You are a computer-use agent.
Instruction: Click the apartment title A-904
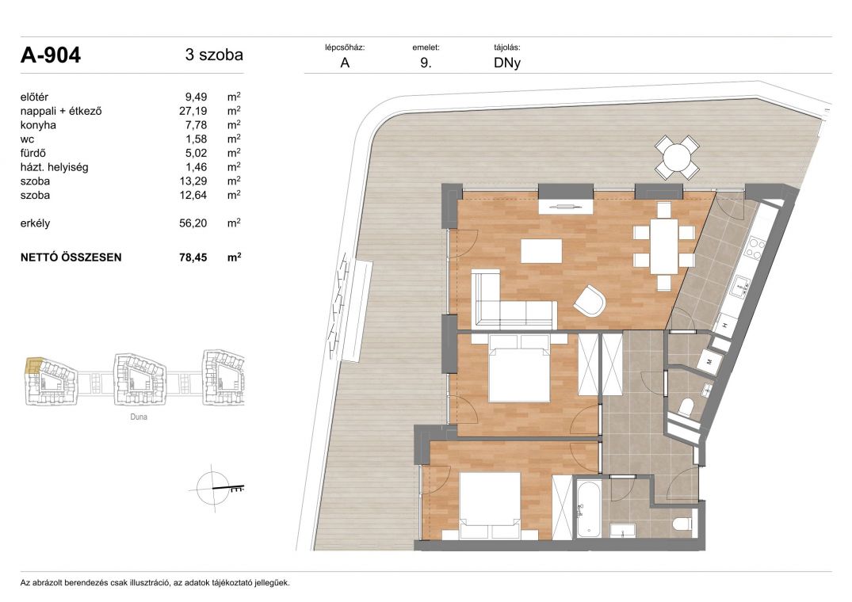point(51,55)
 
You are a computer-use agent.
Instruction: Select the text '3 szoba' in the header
point(214,55)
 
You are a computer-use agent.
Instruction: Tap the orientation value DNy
point(507,63)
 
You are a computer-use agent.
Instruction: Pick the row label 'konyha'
point(38,125)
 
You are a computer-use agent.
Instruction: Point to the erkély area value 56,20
point(193,223)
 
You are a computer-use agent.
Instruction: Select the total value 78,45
point(193,257)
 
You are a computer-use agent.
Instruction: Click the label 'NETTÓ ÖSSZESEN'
point(71,257)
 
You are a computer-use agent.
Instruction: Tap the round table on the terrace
point(677,158)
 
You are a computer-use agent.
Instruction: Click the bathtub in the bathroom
point(587,508)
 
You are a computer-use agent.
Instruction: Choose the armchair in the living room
point(590,301)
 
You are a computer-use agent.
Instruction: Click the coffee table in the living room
point(541,251)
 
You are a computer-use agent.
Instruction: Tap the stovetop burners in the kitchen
point(755,247)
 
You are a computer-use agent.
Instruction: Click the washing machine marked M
point(710,360)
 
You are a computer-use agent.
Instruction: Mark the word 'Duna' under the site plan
point(139,417)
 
